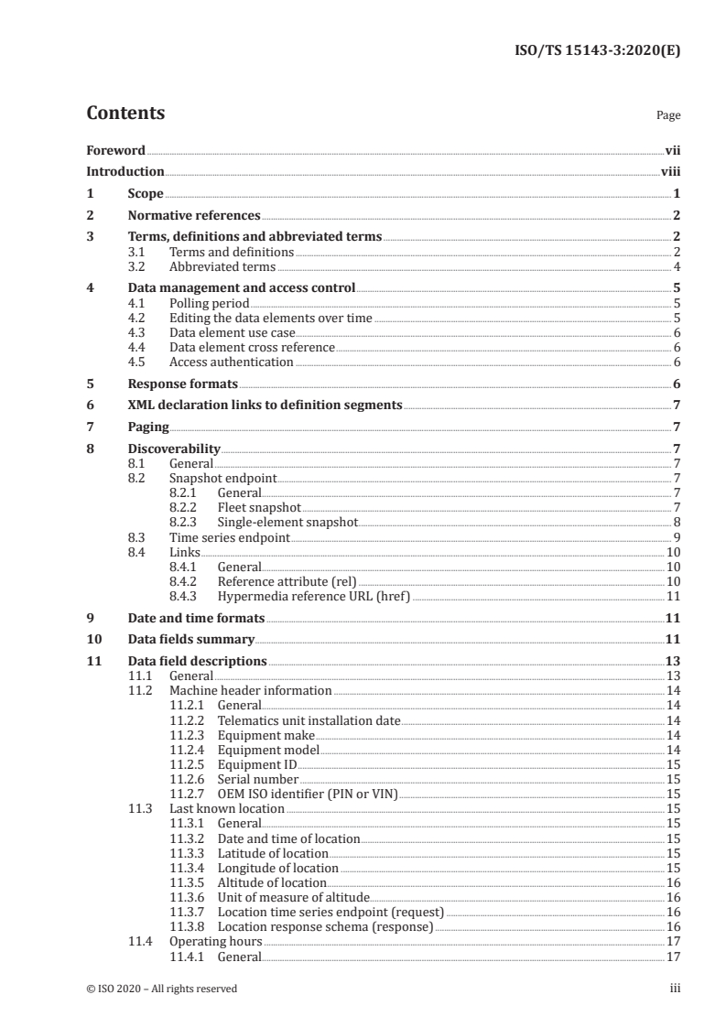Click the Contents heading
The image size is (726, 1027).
[125, 114]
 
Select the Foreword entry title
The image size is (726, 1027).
[115, 150]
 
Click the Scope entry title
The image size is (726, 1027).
[145, 194]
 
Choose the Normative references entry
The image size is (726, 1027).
[194, 216]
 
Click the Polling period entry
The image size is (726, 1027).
[210, 302]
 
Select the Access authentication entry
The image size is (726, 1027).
[232, 362]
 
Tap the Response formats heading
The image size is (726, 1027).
[182, 384]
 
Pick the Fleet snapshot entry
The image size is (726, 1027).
[259, 507]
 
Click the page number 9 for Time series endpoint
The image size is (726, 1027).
[676, 536]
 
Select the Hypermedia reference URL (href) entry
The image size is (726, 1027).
[314, 596]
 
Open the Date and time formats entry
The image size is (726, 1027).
[196, 619]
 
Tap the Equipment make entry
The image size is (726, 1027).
[265, 735]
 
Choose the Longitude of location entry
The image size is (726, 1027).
[278, 868]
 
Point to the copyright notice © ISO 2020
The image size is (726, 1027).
[161, 989]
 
